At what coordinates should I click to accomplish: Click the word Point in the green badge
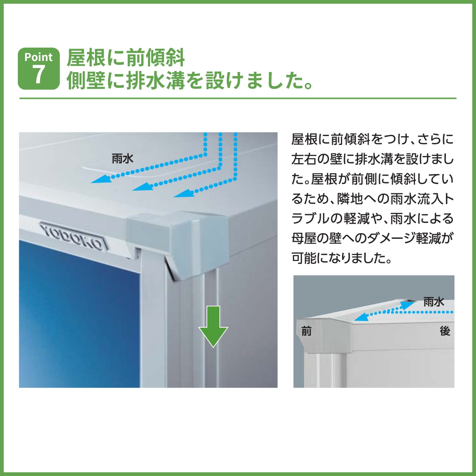pos(39,57)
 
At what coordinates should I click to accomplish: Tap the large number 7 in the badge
pos(38,74)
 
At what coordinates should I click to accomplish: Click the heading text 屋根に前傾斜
pos(126,58)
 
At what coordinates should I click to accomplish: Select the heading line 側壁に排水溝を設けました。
pos(190,80)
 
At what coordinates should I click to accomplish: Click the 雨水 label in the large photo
pos(122,159)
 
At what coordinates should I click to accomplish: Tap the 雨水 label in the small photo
pos(434,302)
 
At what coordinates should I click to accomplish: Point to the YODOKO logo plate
pos(74,236)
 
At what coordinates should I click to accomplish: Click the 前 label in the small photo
pos(306,331)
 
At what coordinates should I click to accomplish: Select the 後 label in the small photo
pos(445,331)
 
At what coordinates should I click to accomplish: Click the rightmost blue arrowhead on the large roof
pos(183,193)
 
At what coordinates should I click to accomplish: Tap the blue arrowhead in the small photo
pos(361,317)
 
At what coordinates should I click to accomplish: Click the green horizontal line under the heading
pos(238,99)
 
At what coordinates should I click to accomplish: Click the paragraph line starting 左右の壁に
pos(372,159)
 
